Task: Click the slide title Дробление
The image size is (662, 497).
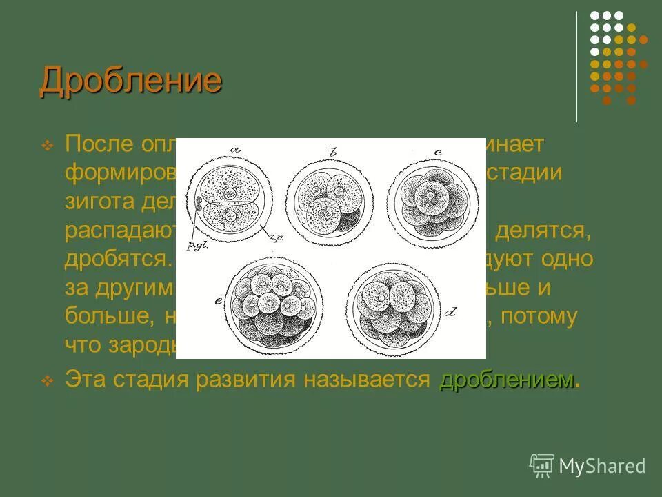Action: [x=131, y=81]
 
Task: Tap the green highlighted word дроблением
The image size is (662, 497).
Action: [x=506, y=380]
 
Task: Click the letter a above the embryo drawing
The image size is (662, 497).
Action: [x=234, y=149]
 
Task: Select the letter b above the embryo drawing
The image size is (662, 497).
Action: [x=334, y=152]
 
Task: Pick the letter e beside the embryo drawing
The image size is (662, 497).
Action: [x=218, y=302]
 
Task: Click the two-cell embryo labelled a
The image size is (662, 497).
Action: [x=229, y=197]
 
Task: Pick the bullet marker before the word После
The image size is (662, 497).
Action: [x=48, y=146]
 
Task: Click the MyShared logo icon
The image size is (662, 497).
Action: [x=542, y=466]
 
